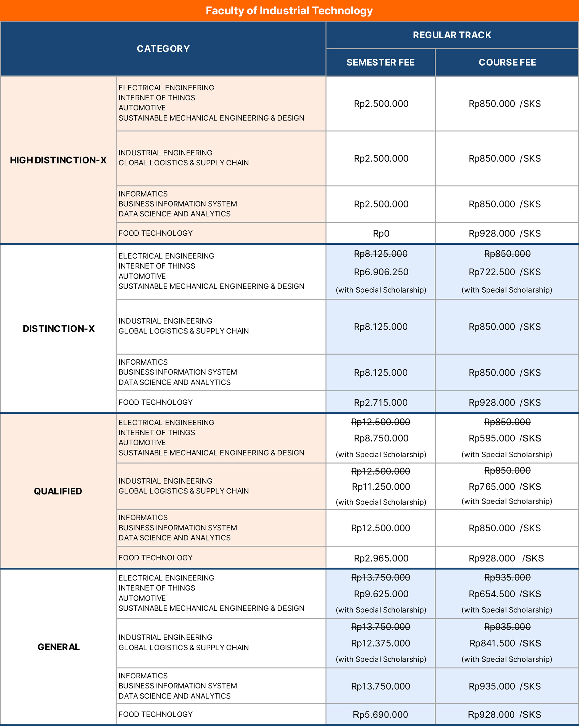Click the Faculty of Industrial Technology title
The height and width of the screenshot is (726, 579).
pos(289,11)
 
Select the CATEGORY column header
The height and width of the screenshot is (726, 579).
pos(163,49)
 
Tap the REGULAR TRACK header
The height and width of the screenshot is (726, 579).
pos(452,35)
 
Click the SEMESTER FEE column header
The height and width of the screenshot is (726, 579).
pos(381,63)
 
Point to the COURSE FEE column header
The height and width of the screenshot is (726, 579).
pos(507,63)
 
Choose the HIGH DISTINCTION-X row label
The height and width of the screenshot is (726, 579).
pos(58,160)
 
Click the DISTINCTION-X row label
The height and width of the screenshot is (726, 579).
pos(59,329)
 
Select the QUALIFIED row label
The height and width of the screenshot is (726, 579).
pos(58,491)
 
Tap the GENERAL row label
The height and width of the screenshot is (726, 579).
pos(59,647)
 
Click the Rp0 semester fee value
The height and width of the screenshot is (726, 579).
pos(381,234)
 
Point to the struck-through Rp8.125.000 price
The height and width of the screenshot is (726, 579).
pos(381,254)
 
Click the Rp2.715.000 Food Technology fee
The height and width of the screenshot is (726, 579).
pos(381,403)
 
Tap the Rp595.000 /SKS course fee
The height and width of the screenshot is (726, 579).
pos(505,439)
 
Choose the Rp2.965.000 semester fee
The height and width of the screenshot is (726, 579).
pos(381,558)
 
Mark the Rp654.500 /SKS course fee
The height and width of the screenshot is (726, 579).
pos(505,594)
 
